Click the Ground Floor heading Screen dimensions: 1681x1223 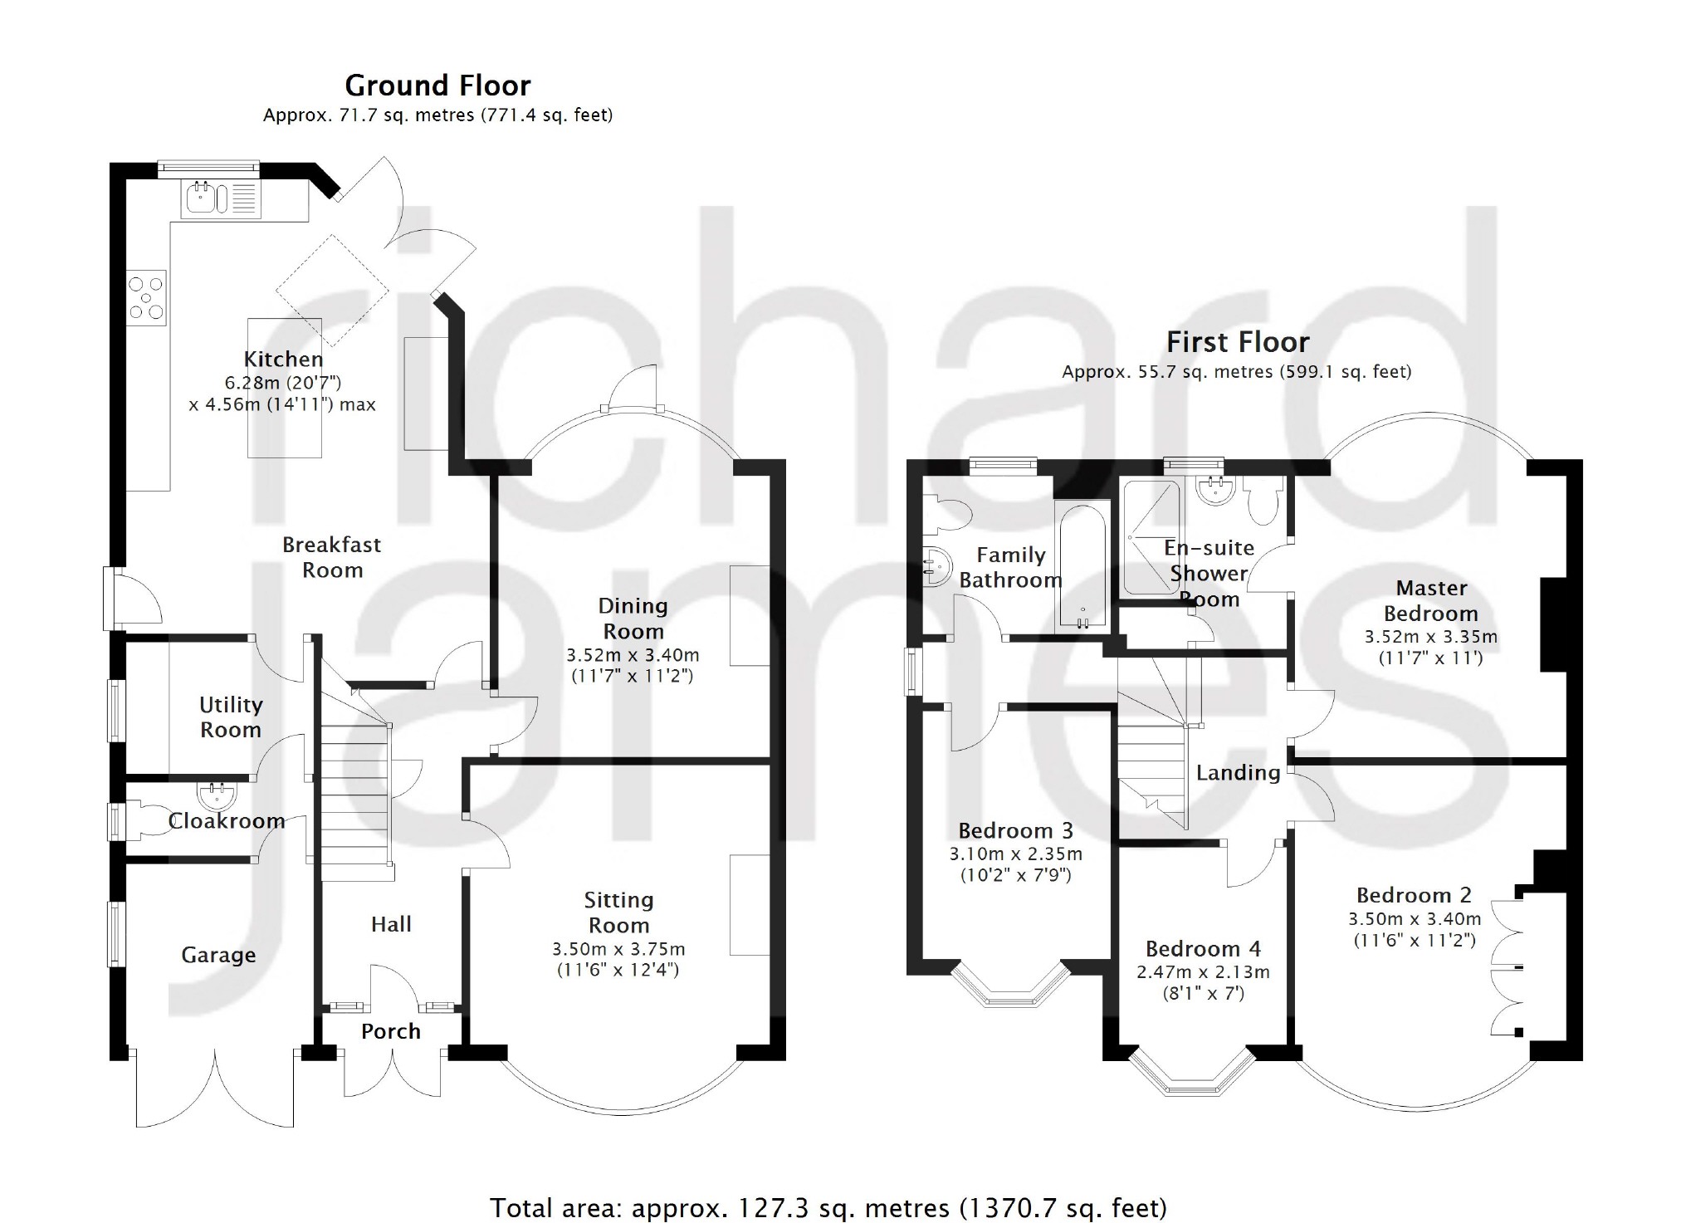437,86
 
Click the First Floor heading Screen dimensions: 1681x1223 1238,342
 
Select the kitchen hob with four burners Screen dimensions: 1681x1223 147,297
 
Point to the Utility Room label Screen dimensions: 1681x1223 231,717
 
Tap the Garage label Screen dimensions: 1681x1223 218,956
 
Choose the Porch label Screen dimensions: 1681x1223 391,1031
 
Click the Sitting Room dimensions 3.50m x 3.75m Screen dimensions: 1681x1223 619,949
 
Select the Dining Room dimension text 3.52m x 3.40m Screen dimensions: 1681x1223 633,655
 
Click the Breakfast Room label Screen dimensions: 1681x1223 332,557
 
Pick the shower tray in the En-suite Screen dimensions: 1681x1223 1151,538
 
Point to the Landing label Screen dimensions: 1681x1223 1238,773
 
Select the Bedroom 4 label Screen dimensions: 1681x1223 1203,949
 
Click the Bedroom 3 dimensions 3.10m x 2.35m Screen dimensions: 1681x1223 1016,854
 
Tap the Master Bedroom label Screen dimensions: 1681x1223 1431,600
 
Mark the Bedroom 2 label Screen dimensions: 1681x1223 1414,895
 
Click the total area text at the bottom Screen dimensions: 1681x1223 828,1208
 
